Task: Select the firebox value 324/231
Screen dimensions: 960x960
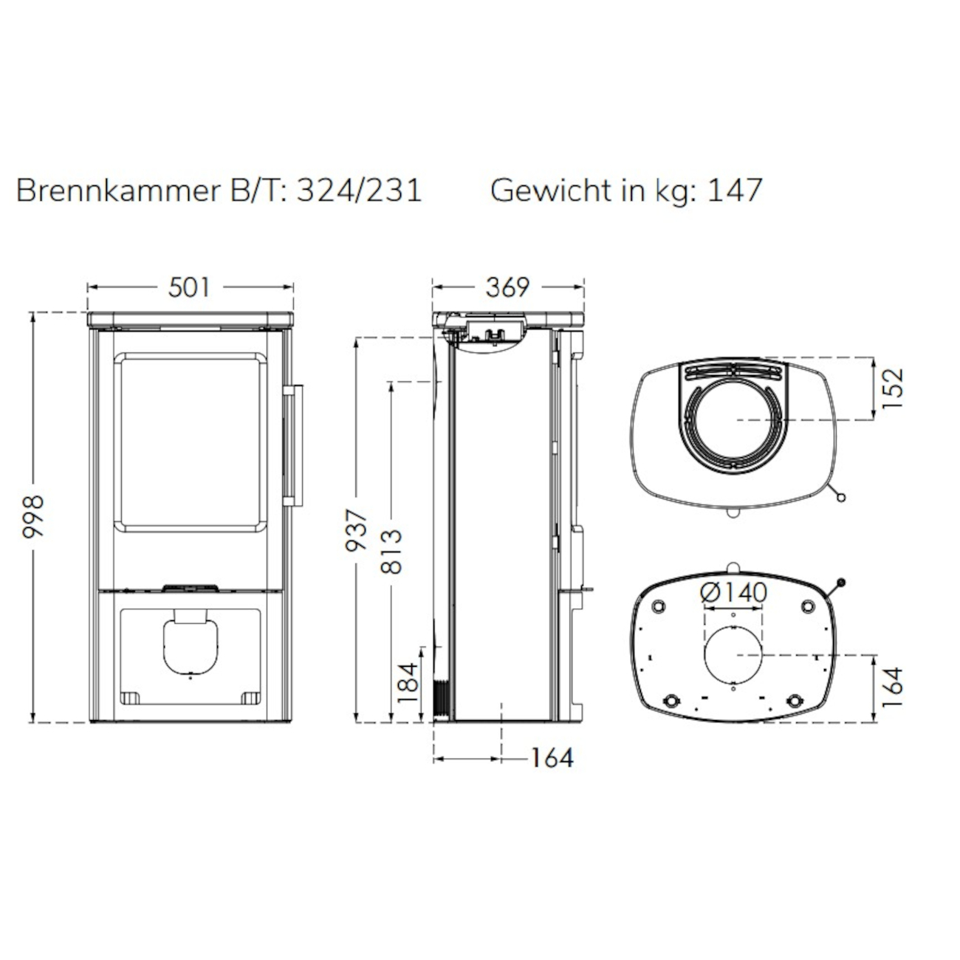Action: click(x=359, y=191)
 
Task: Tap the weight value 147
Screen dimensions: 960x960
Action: click(x=735, y=191)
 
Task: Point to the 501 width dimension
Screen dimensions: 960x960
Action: click(x=189, y=287)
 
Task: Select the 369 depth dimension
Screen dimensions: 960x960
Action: click(x=507, y=287)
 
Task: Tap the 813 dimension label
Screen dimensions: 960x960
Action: click(x=391, y=552)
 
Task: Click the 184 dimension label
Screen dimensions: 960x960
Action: click(x=408, y=682)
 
